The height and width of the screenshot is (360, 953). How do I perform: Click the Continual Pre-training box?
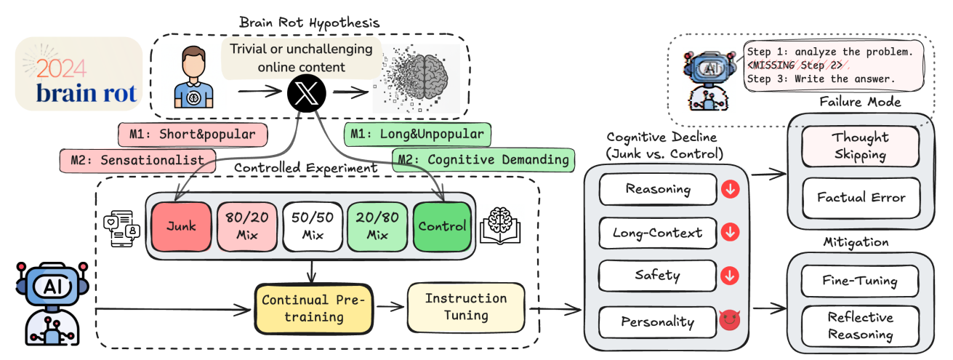coord(313,307)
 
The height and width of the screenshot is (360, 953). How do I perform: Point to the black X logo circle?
coord(305,95)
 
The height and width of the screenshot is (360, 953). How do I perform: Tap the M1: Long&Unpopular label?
coord(417,135)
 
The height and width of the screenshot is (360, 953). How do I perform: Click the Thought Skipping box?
coord(860,146)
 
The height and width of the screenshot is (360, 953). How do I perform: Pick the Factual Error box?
coord(860,196)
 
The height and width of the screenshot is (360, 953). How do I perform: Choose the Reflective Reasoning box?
coord(860,325)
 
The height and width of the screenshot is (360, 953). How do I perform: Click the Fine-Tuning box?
coord(860,281)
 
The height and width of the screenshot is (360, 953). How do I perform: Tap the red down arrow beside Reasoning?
coord(729,190)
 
